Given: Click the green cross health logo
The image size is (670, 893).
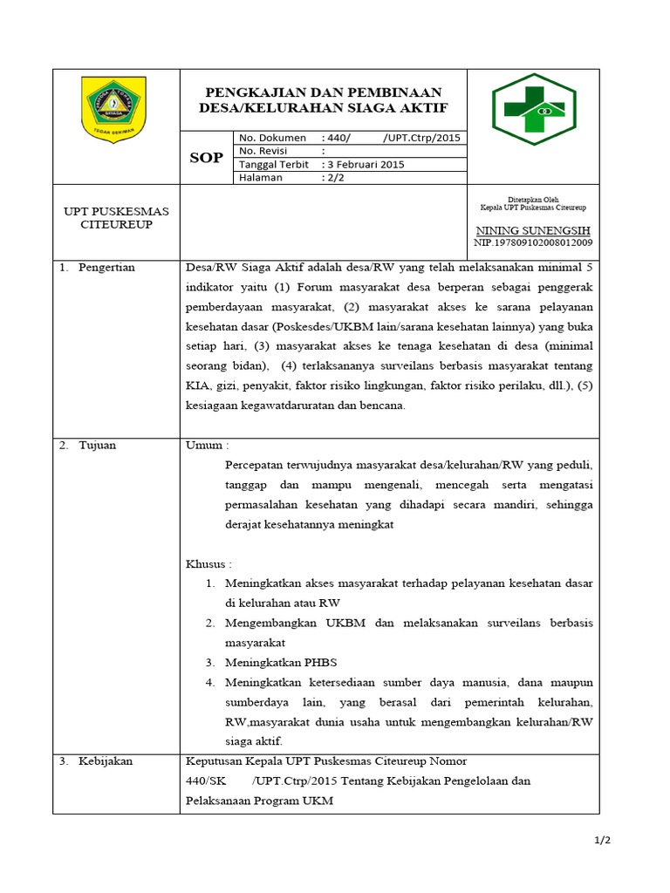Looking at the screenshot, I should pyautogui.click(x=533, y=109).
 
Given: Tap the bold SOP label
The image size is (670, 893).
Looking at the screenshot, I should pyautogui.click(x=206, y=158).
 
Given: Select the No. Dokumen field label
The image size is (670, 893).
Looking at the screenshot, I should pyautogui.click(x=272, y=138).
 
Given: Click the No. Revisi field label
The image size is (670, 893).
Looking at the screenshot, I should pyautogui.click(x=266, y=151).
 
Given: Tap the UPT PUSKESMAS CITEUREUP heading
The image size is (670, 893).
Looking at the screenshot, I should pyautogui.click(x=116, y=218).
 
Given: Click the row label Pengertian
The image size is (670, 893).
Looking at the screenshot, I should pyautogui.click(x=106, y=268).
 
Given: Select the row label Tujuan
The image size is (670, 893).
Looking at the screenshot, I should pyautogui.click(x=97, y=445).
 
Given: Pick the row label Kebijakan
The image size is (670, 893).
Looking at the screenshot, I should pyautogui.click(x=106, y=761).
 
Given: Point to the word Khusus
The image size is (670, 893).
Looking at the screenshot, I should pyautogui.click(x=208, y=564).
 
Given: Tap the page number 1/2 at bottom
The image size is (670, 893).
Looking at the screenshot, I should pyautogui.click(x=603, y=840).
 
